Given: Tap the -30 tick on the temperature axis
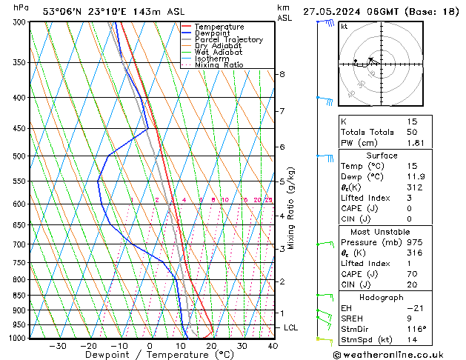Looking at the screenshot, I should coord(57,345).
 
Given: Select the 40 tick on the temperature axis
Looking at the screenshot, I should coord(273,345).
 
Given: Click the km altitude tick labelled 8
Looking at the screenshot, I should coord(282,74).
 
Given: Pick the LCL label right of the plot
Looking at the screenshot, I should coord(291,327).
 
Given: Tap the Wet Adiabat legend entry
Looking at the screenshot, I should coord(218,53).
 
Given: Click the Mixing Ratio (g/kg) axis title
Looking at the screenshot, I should coord(291,208).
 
